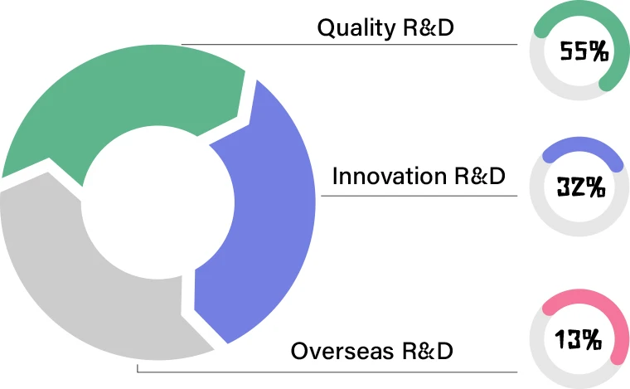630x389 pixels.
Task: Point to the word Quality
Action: (356, 28)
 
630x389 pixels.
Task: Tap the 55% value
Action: (584, 51)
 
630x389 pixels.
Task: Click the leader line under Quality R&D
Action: (348, 44)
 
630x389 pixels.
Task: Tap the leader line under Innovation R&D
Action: (423, 197)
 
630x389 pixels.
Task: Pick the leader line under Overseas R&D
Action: (332, 372)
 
